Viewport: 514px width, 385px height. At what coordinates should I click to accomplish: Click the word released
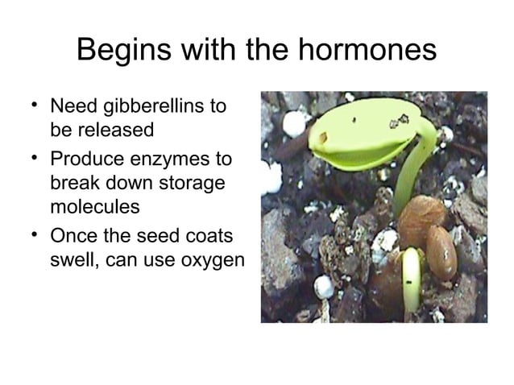point(119,130)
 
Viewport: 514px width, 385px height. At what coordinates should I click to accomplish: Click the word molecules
point(95,206)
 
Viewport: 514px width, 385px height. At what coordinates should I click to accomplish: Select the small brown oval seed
point(441,250)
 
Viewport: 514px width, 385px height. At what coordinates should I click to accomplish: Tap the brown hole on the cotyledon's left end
point(323,138)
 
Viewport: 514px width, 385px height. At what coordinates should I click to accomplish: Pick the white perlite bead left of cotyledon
point(293,123)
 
